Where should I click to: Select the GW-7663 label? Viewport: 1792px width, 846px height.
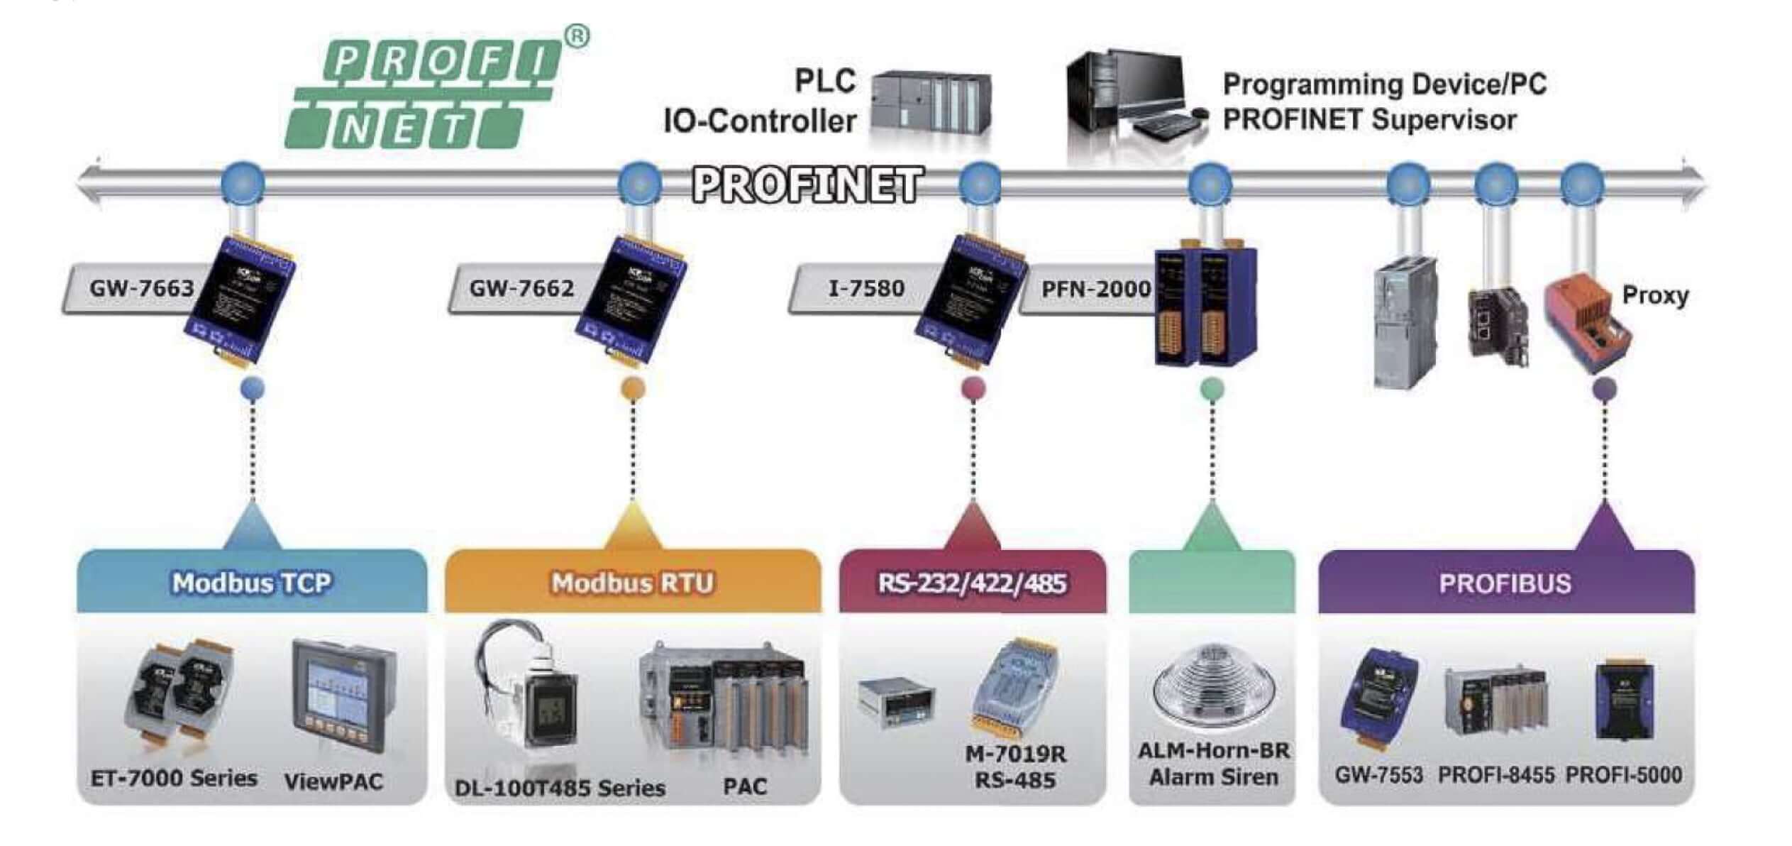[141, 288]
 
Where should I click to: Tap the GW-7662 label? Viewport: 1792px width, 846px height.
[521, 288]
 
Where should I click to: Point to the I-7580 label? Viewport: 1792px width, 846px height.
[866, 288]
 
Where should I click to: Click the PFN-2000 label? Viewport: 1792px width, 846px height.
[1096, 289]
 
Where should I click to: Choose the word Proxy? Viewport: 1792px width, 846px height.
[1655, 295]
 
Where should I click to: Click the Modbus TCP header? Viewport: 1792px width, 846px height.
[252, 583]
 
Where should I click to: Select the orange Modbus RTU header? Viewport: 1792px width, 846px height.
[633, 583]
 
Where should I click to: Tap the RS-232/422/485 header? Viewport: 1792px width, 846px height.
[972, 583]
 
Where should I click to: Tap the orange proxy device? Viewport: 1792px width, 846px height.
[1589, 324]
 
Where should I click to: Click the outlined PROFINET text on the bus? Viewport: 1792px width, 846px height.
[807, 185]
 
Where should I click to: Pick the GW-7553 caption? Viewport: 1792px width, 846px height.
[1378, 775]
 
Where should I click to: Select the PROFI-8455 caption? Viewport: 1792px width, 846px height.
[1496, 775]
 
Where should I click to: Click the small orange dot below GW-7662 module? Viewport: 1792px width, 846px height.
[633, 388]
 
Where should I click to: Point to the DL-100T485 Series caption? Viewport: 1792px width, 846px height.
[560, 788]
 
